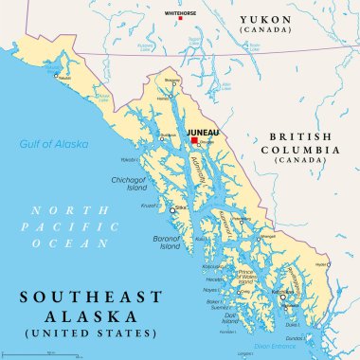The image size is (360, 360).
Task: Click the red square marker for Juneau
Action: point(194,140)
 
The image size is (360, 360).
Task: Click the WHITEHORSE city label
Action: point(180,14)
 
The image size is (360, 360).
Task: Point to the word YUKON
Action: point(265,19)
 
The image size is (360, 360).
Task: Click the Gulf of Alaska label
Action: point(54,144)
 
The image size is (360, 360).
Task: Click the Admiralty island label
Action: point(205,174)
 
